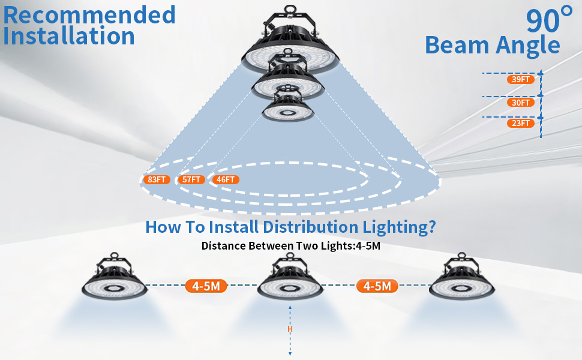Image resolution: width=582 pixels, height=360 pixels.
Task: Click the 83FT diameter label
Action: click(x=157, y=179)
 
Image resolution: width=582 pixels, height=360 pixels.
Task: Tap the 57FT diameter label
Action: click(x=191, y=179)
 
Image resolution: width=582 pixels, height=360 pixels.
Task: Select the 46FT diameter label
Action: click(x=226, y=179)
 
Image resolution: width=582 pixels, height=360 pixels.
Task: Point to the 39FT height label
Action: click(x=521, y=79)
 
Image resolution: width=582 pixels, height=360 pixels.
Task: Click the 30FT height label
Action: click(x=521, y=103)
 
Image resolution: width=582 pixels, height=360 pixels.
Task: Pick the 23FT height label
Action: click(x=521, y=123)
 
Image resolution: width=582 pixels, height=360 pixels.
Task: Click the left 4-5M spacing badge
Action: click(x=206, y=286)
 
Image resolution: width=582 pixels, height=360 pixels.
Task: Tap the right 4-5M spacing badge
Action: click(x=377, y=286)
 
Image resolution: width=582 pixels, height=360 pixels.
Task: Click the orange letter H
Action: click(x=290, y=329)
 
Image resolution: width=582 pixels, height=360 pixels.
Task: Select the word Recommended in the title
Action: click(x=89, y=15)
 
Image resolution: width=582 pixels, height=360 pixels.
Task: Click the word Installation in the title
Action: click(x=68, y=36)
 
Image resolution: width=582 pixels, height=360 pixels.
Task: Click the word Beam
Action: click(x=457, y=45)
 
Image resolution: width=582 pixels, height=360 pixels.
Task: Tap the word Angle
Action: click(x=528, y=46)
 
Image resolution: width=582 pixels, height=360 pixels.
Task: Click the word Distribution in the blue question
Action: click(x=310, y=227)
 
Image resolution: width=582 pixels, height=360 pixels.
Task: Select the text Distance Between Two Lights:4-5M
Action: click(x=290, y=245)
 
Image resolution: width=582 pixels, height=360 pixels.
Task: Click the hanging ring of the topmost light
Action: click(x=290, y=10)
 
